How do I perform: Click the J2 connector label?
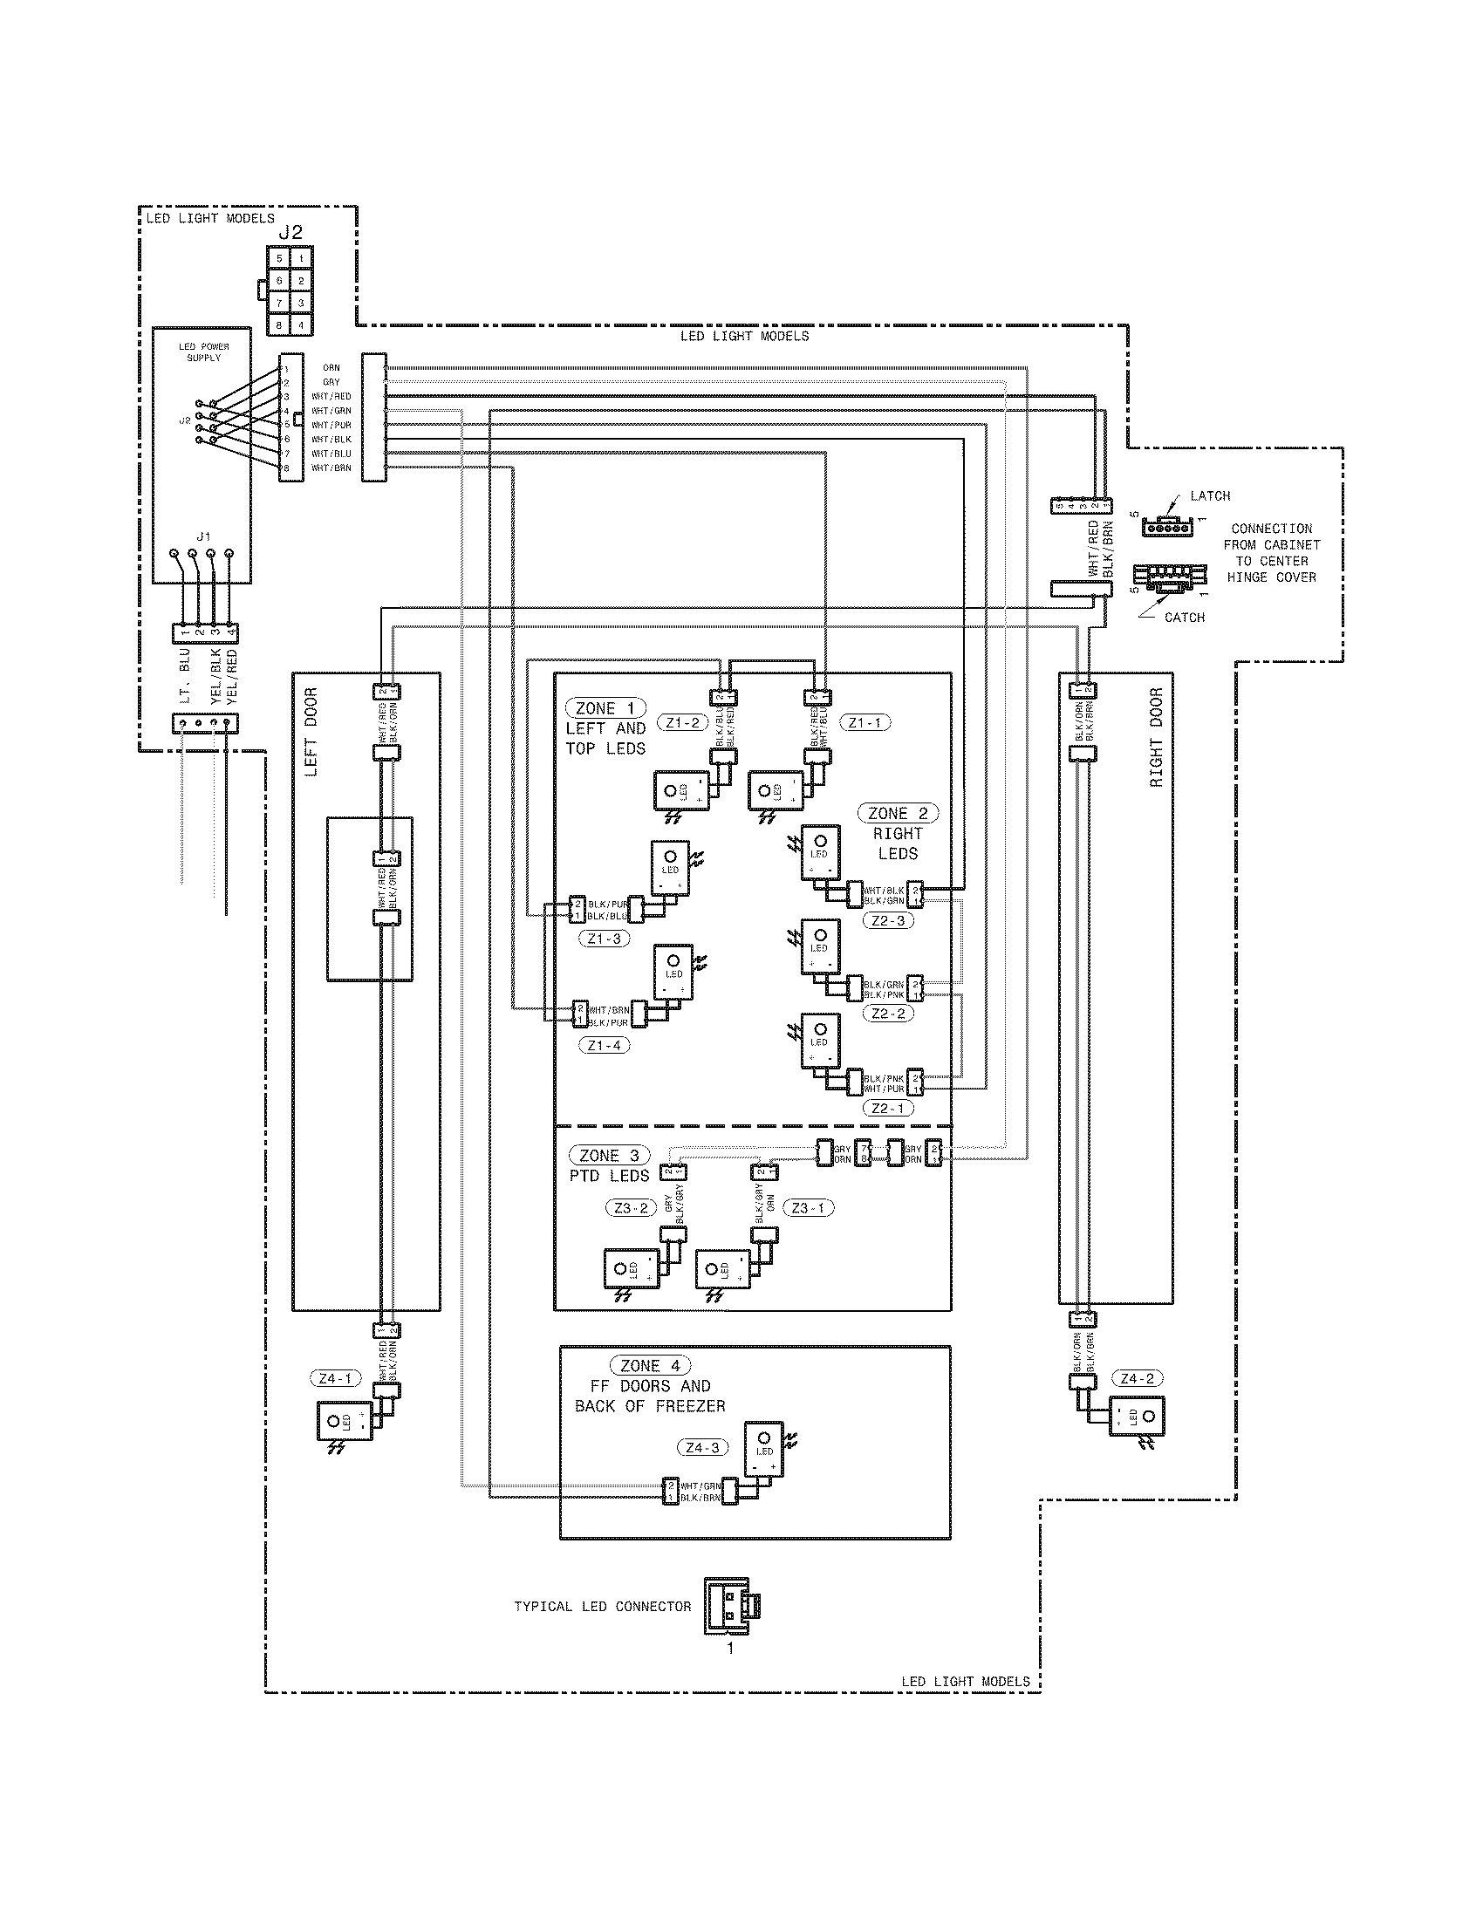tap(290, 232)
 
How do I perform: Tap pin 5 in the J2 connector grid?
tap(279, 259)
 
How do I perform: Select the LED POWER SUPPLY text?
tap(204, 352)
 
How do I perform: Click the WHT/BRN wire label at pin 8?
tap(331, 468)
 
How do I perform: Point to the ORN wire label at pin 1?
tap(331, 368)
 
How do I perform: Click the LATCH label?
tap(1210, 496)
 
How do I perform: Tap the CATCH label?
tap(1185, 618)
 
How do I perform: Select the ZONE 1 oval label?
tap(605, 708)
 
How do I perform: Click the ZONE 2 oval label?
tap(898, 814)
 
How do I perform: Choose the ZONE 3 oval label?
tap(610, 1156)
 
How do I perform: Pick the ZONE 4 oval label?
tap(650, 1365)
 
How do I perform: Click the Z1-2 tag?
tap(683, 723)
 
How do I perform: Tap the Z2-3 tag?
tap(888, 921)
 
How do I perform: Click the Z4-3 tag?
tap(702, 1447)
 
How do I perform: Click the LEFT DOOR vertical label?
tap(311, 732)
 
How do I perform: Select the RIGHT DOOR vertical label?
tap(1155, 737)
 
